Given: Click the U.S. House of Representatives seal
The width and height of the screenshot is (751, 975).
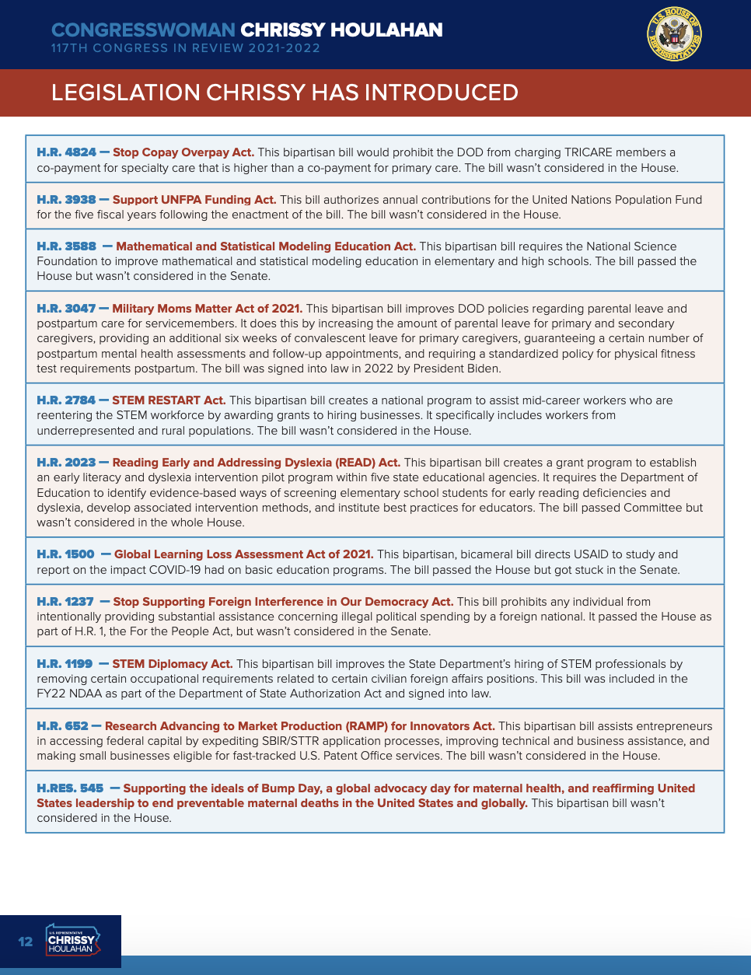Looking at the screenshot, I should click(x=674, y=34).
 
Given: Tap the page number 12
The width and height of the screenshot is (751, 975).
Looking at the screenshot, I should click(x=26, y=942).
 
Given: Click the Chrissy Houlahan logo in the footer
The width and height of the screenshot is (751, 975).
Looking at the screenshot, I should click(x=72, y=942).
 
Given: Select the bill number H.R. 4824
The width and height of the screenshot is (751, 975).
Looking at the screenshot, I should click(x=67, y=152).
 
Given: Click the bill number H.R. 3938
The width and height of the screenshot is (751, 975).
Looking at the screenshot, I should click(x=67, y=200).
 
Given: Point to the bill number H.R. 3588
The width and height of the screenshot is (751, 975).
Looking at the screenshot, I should click(x=67, y=246).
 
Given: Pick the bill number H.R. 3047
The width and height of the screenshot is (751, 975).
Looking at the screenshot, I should click(x=67, y=309).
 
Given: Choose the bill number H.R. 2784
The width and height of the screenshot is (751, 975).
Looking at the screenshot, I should click(x=67, y=400).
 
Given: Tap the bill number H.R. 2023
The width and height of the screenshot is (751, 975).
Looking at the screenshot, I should click(x=67, y=463).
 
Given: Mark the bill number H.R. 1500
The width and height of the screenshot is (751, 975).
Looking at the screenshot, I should click(x=66, y=554).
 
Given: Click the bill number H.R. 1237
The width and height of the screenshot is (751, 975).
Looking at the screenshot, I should click(x=65, y=602).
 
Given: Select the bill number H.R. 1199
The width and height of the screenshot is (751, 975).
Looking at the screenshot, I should click(x=65, y=664).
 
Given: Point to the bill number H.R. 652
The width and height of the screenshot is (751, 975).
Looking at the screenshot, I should click(x=63, y=726).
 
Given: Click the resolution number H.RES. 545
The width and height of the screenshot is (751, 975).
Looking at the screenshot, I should click(x=70, y=788).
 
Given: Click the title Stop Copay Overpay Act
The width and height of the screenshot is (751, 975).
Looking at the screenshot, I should click(x=183, y=152).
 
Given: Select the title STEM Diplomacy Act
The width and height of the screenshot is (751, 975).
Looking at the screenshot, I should click(x=173, y=664).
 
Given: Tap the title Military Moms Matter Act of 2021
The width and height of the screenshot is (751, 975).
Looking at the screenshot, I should click(x=208, y=309).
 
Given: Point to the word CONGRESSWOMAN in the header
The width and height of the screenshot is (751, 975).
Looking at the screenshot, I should click(x=143, y=30).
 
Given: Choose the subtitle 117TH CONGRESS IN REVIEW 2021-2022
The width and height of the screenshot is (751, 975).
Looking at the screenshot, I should click(x=186, y=48).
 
